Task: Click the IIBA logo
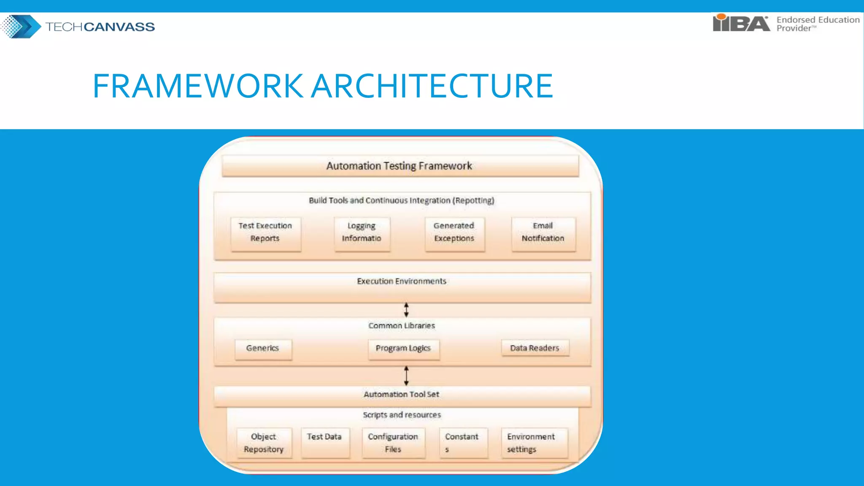(x=741, y=23)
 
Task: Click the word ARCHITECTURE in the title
(x=432, y=86)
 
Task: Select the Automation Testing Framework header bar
(x=400, y=166)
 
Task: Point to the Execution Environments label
(x=401, y=281)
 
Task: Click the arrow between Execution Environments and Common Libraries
(x=406, y=310)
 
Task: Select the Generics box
(x=263, y=348)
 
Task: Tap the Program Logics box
(x=403, y=349)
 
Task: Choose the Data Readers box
(x=535, y=348)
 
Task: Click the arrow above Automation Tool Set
(x=406, y=375)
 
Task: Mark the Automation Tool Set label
(x=401, y=394)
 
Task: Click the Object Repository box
(x=264, y=443)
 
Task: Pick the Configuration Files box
(x=393, y=443)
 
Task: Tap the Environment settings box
(x=534, y=443)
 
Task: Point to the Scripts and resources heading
(x=402, y=415)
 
